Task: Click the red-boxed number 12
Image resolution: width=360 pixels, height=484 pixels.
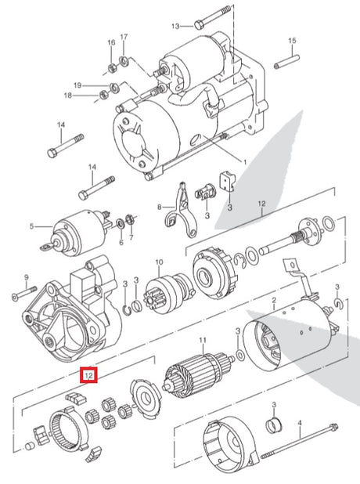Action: [x=89, y=375]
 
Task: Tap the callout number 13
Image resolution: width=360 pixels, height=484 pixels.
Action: [x=175, y=26]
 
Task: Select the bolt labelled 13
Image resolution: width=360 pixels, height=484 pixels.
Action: [x=213, y=17]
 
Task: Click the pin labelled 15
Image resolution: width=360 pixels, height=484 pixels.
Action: [x=287, y=62]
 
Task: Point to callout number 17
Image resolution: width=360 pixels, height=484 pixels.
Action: [x=124, y=37]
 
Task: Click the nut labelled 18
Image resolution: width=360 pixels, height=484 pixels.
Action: [x=104, y=95]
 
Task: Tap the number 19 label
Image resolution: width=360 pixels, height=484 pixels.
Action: [x=77, y=85]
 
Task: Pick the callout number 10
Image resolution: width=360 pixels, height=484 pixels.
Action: [x=159, y=262]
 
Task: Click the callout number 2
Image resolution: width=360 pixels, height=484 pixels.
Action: [x=274, y=299]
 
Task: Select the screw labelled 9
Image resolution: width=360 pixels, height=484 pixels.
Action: [x=24, y=293]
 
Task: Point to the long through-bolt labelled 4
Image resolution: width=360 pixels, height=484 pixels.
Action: [x=300, y=441]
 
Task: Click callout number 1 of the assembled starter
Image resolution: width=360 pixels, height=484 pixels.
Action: [x=245, y=162]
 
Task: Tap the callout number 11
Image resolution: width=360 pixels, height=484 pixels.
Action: [x=203, y=340]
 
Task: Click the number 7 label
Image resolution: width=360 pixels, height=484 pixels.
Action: [x=131, y=237]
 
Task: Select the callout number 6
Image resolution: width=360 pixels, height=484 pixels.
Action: [x=121, y=243]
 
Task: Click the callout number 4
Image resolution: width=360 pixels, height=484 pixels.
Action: [x=299, y=422]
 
